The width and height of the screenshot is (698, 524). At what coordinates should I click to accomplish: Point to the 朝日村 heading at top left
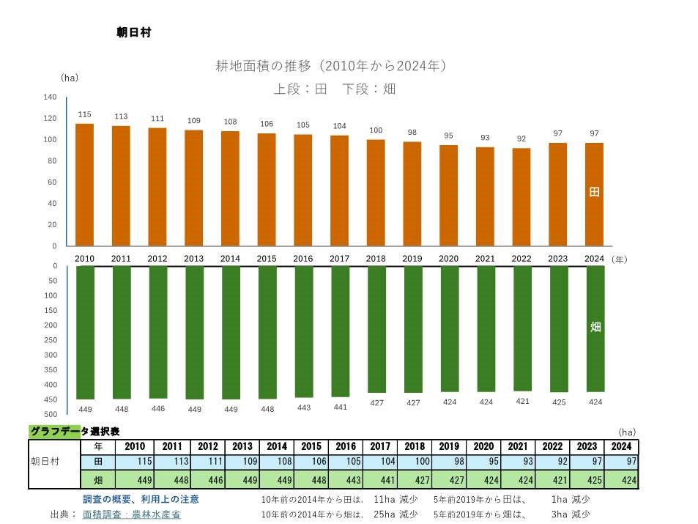tap(133, 32)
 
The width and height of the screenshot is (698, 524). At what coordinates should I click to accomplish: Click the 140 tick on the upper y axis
tap(50, 97)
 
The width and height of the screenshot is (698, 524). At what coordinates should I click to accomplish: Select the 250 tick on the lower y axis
tap(50, 340)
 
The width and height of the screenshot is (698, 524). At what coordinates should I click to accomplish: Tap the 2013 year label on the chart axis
tap(194, 259)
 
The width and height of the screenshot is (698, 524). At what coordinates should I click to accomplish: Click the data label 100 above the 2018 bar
tap(376, 130)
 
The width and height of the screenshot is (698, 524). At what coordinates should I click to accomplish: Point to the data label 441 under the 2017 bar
tap(340, 407)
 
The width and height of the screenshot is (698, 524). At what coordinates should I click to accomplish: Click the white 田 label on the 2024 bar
tap(595, 192)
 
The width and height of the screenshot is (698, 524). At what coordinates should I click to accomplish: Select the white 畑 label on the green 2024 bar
tap(595, 327)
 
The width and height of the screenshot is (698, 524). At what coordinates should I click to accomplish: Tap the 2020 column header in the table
tap(483, 446)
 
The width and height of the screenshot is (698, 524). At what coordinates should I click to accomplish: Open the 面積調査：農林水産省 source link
tap(132, 514)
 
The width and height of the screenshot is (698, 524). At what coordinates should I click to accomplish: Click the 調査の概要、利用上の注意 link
tap(141, 499)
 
